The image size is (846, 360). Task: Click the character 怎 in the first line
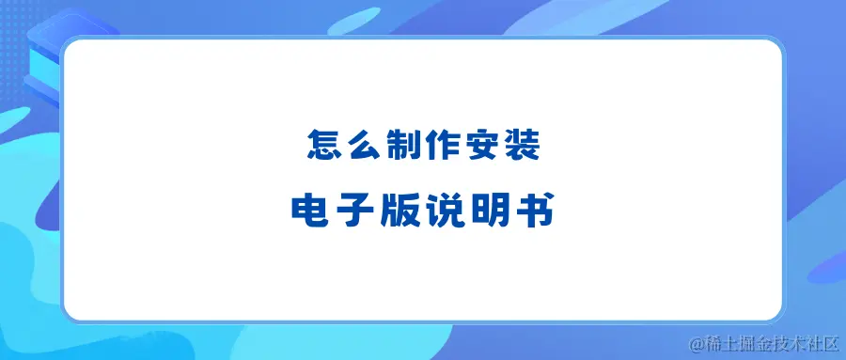pos(322,146)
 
